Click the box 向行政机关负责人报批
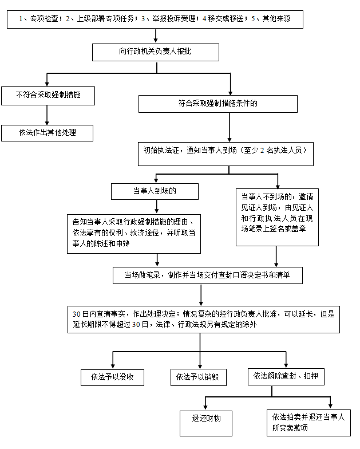click(x=156, y=53)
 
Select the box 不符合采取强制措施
click(x=47, y=95)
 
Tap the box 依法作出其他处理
click(x=47, y=133)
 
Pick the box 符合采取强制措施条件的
click(x=218, y=104)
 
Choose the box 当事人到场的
click(x=155, y=191)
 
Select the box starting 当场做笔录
click(x=207, y=275)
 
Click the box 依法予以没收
click(x=113, y=377)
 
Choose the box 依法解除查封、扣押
click(x=284, y=376)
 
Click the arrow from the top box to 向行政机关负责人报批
click(x=156, y=37)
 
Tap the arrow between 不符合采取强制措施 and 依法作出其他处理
click(x=47, y=115)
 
